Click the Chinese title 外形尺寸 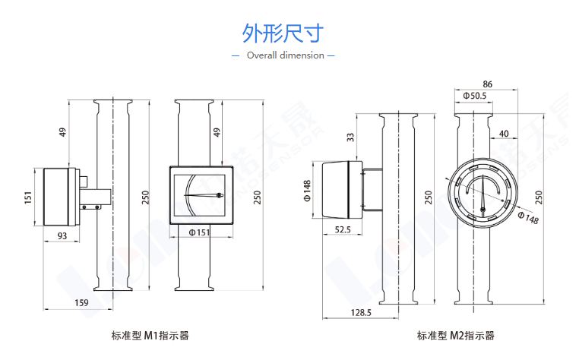click(x=283, y=33)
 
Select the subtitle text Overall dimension click(x=286, y=55)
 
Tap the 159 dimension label click(x=81, y=303)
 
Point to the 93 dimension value click(x=62, y=235)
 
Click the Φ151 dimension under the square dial click(x=199, y=232)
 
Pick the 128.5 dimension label click(x=361, y=313)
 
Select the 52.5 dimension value click(x=343, y=229)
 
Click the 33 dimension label click(x=350, y=137)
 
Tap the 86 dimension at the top click(x=487, y=84)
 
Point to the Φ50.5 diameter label click(x=475, y=96)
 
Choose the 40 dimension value click(x=504, y=134)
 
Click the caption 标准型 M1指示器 click(x=150, y=335)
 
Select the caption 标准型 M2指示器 click(x=456, y=335)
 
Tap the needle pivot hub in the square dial click(x=220, y=195)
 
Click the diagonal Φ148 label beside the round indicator click(x=528, y=218)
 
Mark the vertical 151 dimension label click(x=28, y=197)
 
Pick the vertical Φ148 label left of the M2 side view click(x=307, y=191)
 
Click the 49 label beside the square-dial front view click(x=217, y=132)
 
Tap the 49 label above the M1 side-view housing click(x=63, y=132)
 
